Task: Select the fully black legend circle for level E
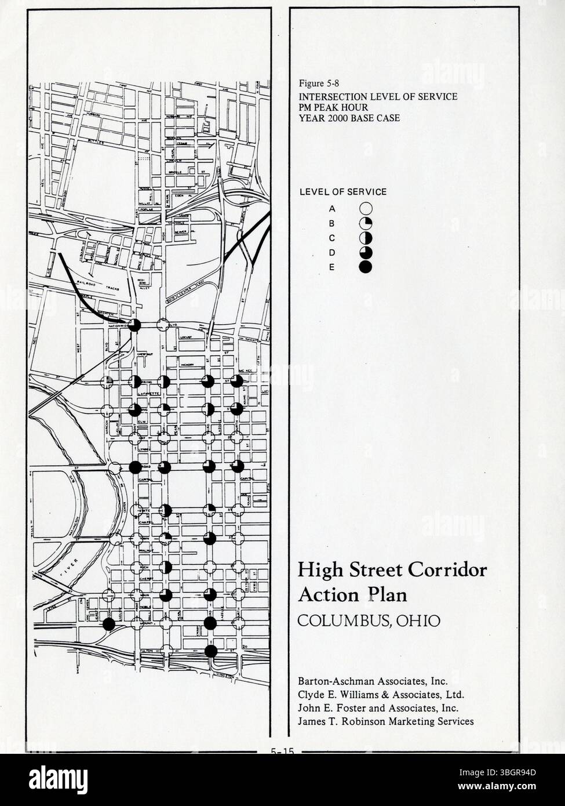(365, 267)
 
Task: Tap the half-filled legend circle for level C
(365, 238)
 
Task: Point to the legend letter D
(332, 252)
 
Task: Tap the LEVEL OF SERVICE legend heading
(342, 192)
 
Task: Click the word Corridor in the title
(449, 570)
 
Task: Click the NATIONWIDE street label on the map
(118, 326)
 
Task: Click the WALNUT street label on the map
(145, 550)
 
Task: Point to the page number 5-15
(282, 751)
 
